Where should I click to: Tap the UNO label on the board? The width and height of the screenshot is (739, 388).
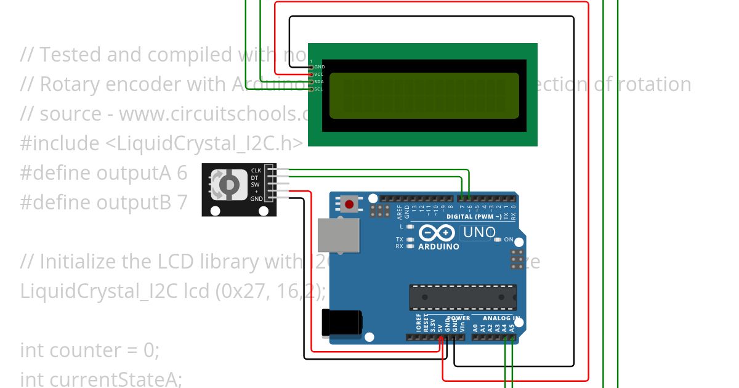pos(479,232)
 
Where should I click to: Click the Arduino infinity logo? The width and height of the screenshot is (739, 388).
pos(438,233)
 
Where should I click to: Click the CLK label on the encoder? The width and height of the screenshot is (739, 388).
pos(256,171)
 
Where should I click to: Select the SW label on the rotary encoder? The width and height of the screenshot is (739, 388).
pos(255,185)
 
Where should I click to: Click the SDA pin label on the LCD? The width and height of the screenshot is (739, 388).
pos(319,82)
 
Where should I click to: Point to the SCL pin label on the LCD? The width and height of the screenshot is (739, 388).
pos(318,89)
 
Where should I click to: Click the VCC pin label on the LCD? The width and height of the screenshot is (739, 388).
pos(319,75)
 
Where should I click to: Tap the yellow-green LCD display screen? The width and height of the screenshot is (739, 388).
pos(424,95)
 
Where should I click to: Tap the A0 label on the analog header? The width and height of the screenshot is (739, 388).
pos(475,328)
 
